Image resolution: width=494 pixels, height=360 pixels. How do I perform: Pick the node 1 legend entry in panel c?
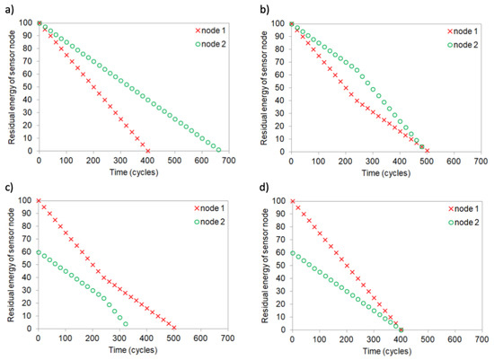(190, 208)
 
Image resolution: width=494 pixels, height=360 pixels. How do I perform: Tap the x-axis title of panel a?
(133, 173)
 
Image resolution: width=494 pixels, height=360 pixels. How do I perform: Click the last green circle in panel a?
(219, 150)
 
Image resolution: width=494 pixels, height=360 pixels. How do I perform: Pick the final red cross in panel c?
(174, 328)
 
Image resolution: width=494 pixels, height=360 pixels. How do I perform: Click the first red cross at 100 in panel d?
(291, 201)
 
